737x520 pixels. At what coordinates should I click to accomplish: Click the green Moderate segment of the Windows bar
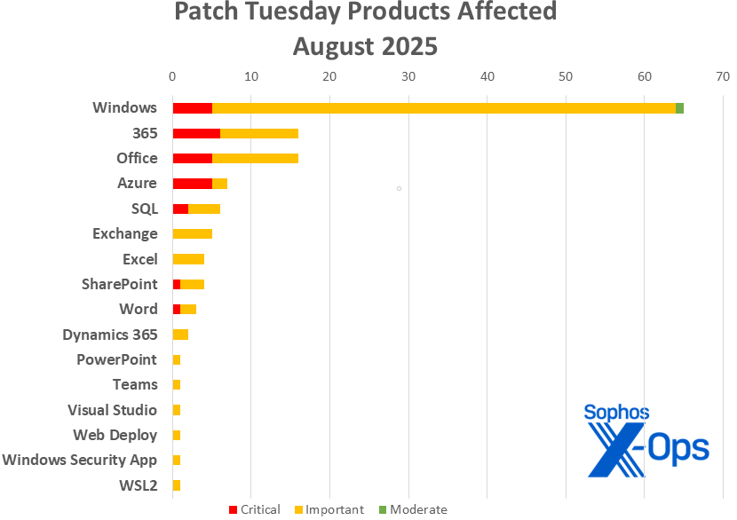pos(679,108)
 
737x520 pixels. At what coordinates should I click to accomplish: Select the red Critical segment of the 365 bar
pos(196,133)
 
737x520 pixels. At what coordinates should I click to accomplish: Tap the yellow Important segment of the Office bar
pos(255,158)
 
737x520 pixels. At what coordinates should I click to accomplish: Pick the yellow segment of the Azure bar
pos(219,184)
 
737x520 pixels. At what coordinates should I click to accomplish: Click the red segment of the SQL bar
pos(180,209)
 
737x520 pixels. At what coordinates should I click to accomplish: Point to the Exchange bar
pos(192,234)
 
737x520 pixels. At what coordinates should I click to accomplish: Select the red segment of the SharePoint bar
pos(177,284)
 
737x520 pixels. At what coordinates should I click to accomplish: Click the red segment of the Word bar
pos(177,310)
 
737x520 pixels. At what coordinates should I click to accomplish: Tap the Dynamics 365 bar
pos(180,335)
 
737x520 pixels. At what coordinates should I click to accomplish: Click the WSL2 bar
pos(177,485)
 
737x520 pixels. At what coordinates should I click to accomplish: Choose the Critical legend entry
pos(255,509)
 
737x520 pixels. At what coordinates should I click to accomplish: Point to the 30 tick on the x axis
pos(408,76)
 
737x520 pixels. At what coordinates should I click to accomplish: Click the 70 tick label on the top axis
pos(723,76)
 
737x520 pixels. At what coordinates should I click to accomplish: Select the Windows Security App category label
pos(80,460)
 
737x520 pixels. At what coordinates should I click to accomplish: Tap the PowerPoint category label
pos(116,359)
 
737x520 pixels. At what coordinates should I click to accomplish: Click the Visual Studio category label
pos(113,410)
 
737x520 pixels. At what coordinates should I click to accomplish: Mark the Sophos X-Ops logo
pos(646,440)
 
